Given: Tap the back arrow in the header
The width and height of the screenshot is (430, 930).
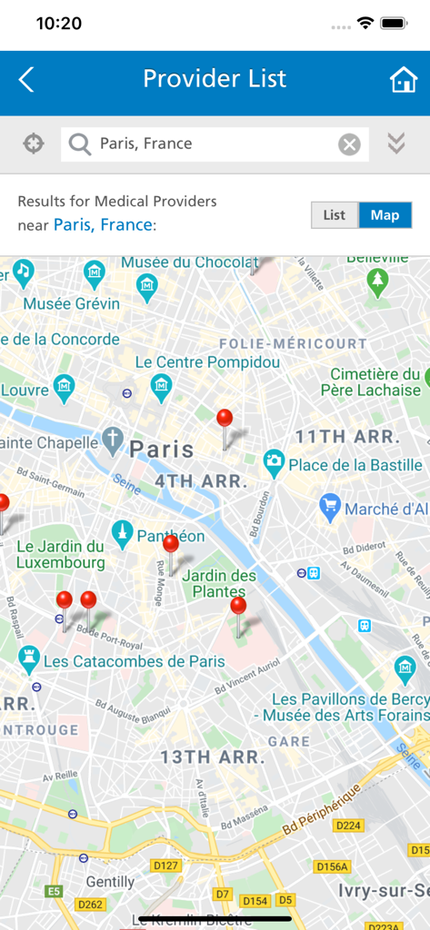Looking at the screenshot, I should [26, 80].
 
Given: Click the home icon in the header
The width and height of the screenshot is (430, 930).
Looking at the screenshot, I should [403, 80].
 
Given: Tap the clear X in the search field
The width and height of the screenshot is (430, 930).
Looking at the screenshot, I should [349, 144].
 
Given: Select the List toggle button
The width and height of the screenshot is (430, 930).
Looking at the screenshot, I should [335, 215].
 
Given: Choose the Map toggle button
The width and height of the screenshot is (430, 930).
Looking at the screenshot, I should [385, 215].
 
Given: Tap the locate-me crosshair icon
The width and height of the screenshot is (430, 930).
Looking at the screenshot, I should [34, 143].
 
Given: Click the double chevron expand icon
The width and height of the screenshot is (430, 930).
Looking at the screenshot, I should [395, 143].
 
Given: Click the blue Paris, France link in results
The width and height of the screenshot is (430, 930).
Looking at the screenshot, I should [103, 224].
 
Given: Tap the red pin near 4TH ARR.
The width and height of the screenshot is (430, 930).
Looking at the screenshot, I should [225, 420].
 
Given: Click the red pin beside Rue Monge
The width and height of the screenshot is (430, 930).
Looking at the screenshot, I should [170, 545].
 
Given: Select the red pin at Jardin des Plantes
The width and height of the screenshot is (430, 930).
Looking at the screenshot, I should [238, 607].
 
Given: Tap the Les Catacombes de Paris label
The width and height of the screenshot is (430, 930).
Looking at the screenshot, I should [134, 661].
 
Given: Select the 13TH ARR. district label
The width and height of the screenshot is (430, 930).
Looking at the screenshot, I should [213, 757].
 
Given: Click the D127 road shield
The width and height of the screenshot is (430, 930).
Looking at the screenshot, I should [166, 866].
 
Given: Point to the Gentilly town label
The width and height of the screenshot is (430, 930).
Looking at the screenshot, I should [110, 882].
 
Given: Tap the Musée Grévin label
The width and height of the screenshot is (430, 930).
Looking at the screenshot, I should [72, 303].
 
